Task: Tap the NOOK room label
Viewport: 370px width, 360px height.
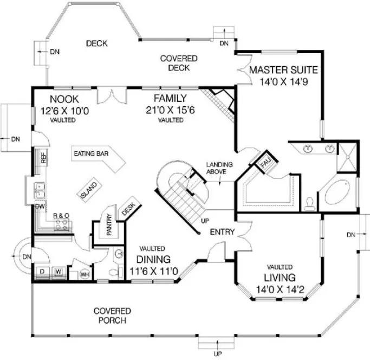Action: (x=64, y=99)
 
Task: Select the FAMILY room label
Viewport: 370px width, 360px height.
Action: (x=170, y=98)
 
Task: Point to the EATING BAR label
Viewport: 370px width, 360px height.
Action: (x=91, y=154)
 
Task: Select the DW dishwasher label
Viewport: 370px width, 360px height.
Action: (x=40, y=207)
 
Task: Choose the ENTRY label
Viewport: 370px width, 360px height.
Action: (x=222, y=232)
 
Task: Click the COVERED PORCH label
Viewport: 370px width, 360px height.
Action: (x=112, y=316)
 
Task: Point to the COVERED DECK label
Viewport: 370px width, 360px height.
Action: (x=179, y=63)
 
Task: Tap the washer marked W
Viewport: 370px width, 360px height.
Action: (x=59, y=271)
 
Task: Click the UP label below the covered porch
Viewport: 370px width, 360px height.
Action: (x=217, y=353)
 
